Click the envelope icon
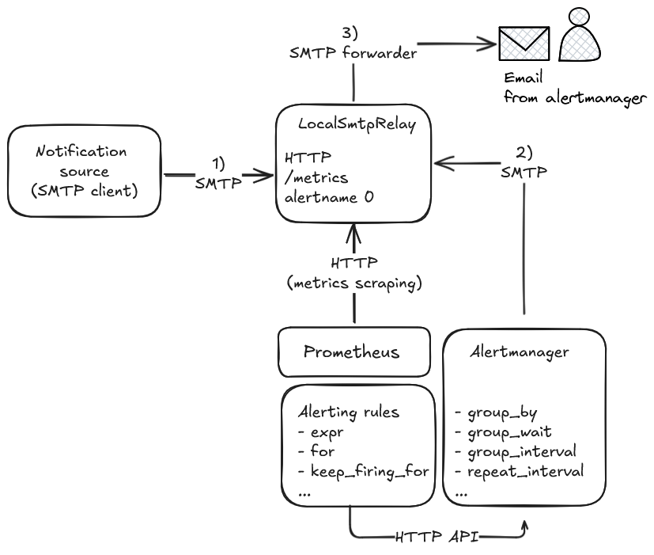(523, 43)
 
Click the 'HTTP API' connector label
(437, 536)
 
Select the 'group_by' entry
(502, 412)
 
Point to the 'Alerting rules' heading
(348, 412)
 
